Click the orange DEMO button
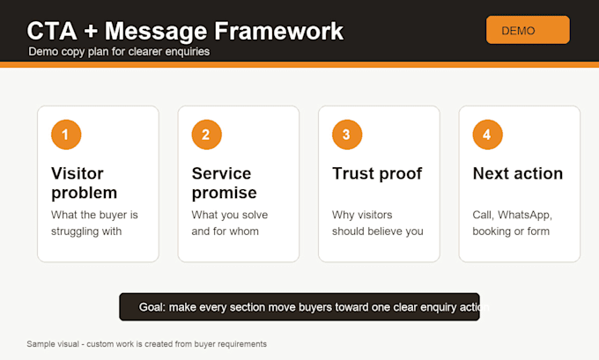528,30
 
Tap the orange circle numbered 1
66,135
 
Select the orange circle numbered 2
207,135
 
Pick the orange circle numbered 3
347,135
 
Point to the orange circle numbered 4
488,135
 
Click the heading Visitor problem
84,183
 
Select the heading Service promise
225,183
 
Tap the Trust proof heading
377,173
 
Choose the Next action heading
518,173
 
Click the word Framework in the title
278,31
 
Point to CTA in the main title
52,31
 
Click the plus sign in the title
91,32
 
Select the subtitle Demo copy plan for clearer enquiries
119,52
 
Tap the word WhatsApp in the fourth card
525,215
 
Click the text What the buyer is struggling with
94,223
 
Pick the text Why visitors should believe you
377,223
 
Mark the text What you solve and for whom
230,223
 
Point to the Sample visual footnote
147,344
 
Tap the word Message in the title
156,32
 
